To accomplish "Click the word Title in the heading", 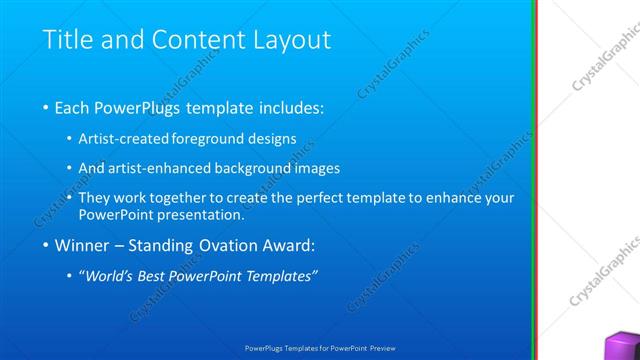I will click(x=67, y=40).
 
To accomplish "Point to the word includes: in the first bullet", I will click(x=289, y=107).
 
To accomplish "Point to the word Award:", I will click(x=289, y=245).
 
